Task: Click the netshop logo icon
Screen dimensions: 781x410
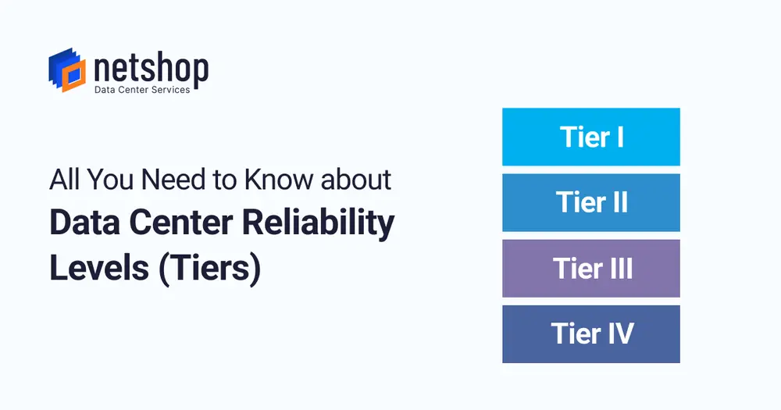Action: [67, 70]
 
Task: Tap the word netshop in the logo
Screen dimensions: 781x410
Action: [151, 69]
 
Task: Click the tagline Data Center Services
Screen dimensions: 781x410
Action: [142, 90]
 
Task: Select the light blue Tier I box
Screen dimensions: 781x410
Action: [590, 137]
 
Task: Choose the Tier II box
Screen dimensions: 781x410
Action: [590, 202]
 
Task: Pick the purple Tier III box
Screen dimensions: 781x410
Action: [590, 268]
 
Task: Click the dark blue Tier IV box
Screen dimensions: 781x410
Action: [590, 333]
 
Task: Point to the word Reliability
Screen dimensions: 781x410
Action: [319, 223]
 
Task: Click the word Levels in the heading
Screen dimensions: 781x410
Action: [99, 268]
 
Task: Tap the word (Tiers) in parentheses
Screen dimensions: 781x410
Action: [209, 269]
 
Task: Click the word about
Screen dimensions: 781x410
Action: [355, 180]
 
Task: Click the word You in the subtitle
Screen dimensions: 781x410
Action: [111, 180]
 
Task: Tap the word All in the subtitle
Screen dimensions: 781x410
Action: [65, 180]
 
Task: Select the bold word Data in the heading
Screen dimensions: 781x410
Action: [84, 223]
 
